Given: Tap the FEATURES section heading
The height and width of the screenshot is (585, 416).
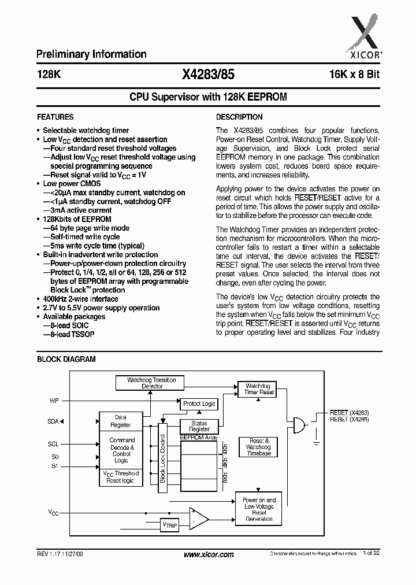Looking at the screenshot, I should coord(55,117).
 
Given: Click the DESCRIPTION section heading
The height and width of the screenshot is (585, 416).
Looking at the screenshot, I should coord(239,117).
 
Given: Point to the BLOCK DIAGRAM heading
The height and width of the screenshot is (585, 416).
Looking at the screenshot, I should coord(66,359).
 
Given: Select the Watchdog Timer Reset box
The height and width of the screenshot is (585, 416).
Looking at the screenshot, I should coord(259,389).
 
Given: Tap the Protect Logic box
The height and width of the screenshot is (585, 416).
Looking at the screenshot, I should coord(199,403).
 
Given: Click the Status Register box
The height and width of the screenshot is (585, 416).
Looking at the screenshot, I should coord(199,426).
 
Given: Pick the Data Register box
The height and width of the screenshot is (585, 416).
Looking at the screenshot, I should coord(121,421).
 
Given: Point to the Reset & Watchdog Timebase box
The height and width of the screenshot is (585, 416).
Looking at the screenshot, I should coord(258,447).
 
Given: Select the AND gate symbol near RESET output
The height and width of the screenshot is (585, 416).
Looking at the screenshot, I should coord(299,425).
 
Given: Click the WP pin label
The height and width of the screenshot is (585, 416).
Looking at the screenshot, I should coord(54,399).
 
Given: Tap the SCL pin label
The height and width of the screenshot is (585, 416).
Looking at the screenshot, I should coord(53,444).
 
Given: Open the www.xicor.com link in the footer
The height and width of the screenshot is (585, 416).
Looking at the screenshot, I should coord(208,554).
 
